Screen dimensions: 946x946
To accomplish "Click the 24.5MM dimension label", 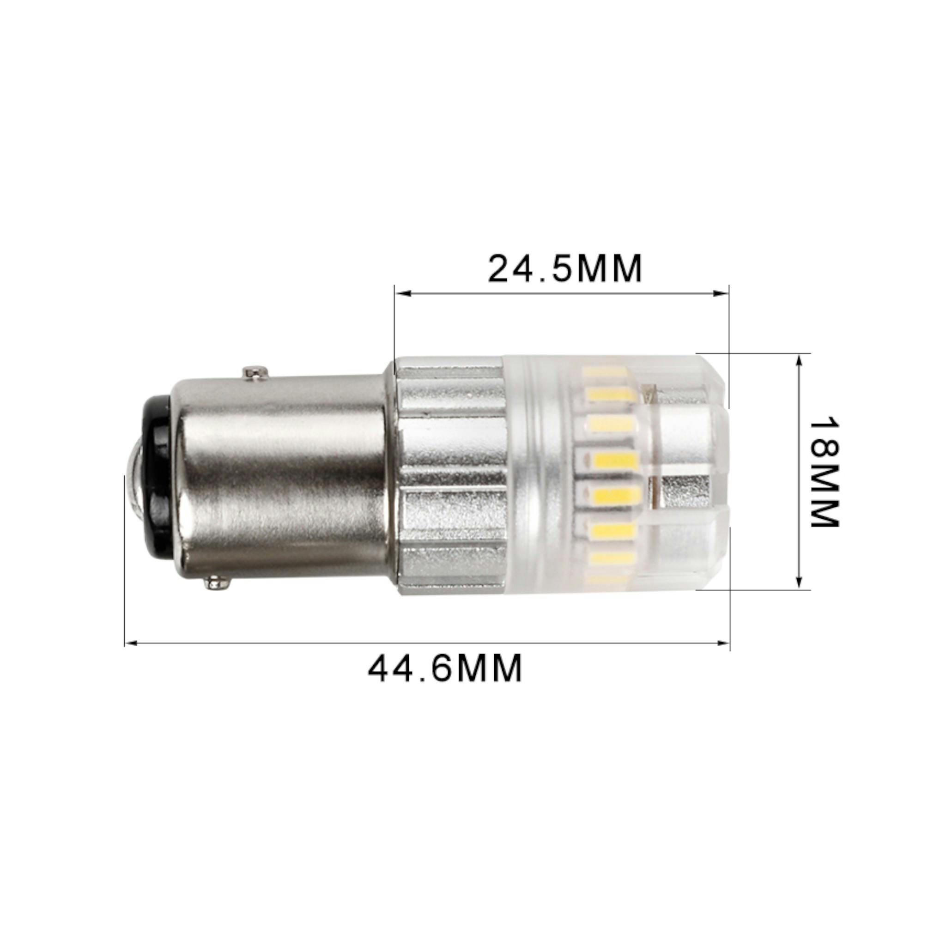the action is click(x=564, y=269).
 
